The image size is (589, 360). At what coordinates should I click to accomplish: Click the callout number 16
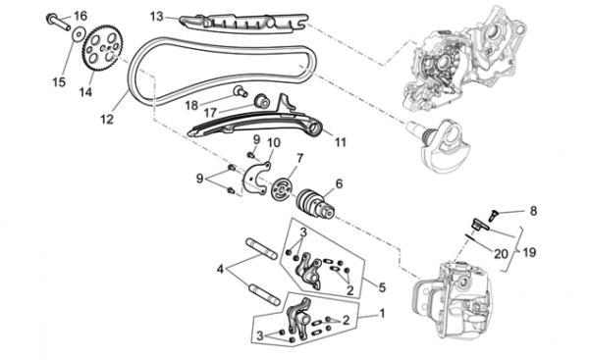point(80,16)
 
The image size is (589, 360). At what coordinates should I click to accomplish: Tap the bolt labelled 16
point(58,23)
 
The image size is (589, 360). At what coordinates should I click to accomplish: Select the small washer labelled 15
point(79,35)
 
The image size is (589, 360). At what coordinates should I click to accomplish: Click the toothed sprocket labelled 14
point(101,48)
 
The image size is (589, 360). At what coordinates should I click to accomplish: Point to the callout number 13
point(157,17)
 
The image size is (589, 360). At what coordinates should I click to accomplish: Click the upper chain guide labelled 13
point(244,24)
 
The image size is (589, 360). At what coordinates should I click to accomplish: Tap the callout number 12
point(107,120)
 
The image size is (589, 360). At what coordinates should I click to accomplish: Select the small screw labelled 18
point(240,91)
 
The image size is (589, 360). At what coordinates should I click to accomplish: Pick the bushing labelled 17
point(262,101)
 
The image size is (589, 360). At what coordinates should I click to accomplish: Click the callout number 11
point(340,142)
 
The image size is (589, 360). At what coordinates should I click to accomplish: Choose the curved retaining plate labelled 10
point(256,180)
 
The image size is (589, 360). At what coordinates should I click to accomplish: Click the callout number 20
point(501,254)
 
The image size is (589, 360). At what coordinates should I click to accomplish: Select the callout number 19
point(529,252)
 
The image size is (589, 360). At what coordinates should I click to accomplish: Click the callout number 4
point(220,269)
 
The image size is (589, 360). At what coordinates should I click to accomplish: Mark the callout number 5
point(382,287)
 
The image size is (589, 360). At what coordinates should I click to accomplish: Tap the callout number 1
point(382,313)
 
